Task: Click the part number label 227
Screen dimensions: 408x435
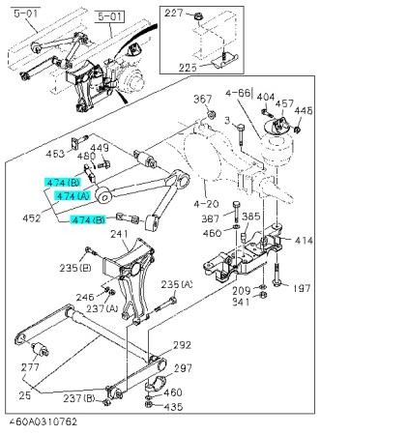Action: click(174, 14)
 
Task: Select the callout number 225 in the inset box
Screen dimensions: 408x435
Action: click(188, 68)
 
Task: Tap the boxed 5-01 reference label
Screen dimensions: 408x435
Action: click(110, 16)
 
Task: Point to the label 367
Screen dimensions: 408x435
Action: click(203, 99)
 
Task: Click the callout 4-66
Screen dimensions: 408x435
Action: click(238, 93)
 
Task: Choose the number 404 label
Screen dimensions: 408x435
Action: click(266, 97)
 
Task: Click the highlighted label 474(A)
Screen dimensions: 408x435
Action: click(73, 196)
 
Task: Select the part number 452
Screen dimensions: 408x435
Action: click(32, 218)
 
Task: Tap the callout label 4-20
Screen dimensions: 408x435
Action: click(206, 204)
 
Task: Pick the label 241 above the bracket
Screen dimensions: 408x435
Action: click(119, 234)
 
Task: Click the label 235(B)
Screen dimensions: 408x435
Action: click(75, 268)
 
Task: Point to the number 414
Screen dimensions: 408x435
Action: click(304, 241)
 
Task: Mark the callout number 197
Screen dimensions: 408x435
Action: click(302, 288)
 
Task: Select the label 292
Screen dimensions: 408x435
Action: click(182, 345)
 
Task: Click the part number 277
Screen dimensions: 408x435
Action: click(30, 367)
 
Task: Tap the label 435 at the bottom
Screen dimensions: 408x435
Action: click(173, 407)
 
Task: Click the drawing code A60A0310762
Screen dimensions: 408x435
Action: click(43, 421)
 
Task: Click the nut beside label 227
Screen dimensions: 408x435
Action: click(197, 16)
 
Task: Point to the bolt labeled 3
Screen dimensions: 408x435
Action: click(240, 136)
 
